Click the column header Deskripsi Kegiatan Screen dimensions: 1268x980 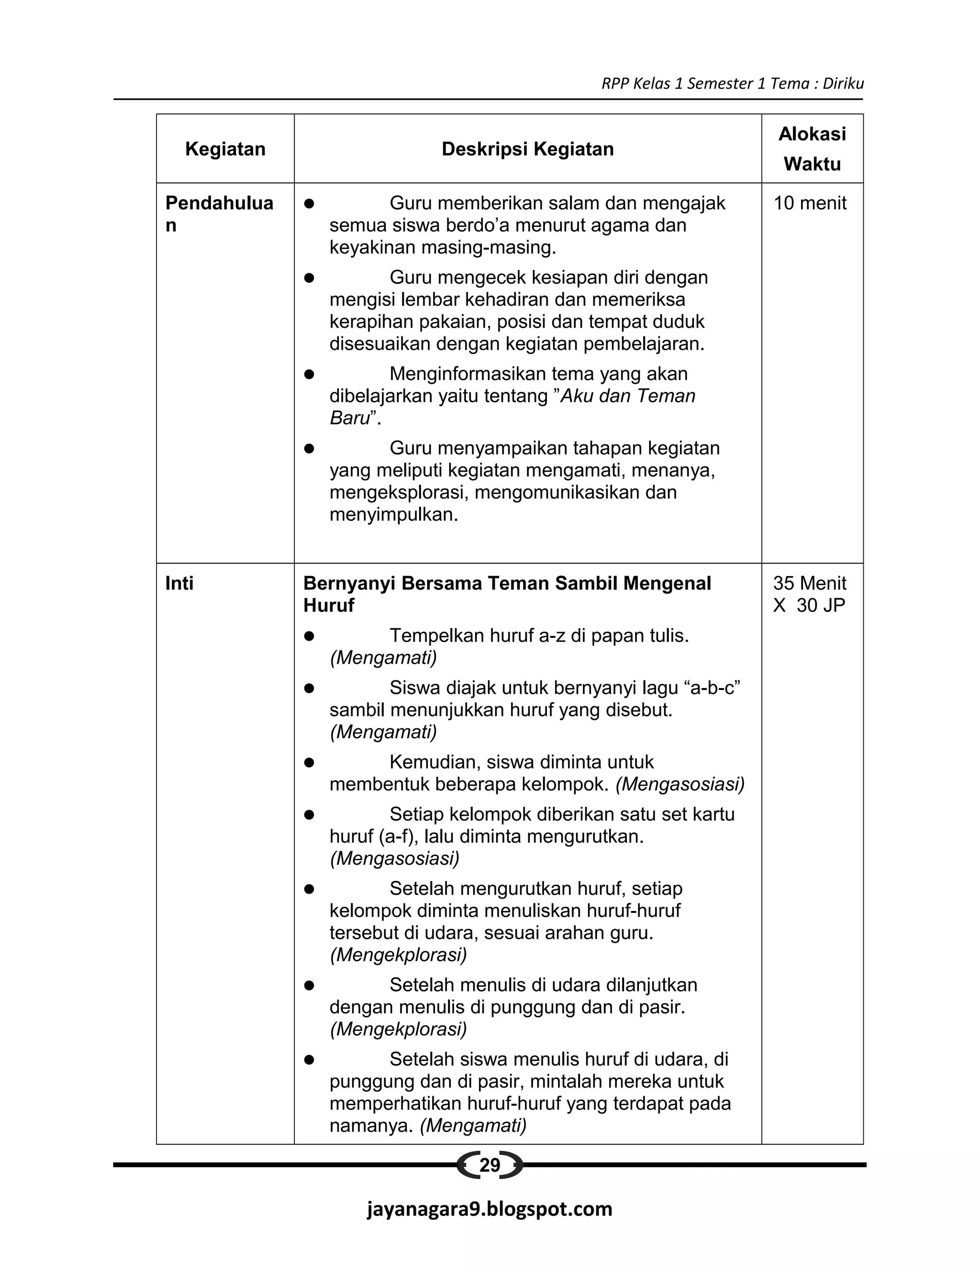[x=527, y=149]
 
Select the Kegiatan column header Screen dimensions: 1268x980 [x=225, y=149]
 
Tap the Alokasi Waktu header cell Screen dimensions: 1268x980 [x=812, y=149]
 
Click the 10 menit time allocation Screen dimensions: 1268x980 [x=810, y=203]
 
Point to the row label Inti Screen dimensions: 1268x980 [x=179, y=583]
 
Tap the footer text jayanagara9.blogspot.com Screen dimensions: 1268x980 [x=490, y=1209]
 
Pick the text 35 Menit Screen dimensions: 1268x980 [x=809, y=583]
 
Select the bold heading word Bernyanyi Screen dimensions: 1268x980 [x=349, y=583]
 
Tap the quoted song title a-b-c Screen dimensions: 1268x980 [x=713, y=688]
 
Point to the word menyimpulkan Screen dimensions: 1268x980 [x=394, y=514]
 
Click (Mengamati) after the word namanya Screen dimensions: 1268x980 [x=473, y=1126]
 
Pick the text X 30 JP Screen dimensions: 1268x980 [x=809, y=606]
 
